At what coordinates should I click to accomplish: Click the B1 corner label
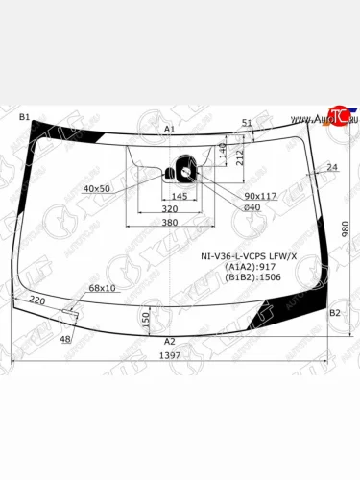(x=25, y=116)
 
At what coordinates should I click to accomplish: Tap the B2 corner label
(x=335, y=313)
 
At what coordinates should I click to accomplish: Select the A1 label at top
(x=169, y=129)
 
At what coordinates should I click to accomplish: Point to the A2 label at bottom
(x=170, y=341)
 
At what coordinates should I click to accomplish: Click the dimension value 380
(x=169, y=223)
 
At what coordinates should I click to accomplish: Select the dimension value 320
(x=169, y=208)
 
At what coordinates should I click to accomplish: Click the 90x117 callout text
(x=261, y=196)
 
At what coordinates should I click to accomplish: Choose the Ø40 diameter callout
(x=252, y=208)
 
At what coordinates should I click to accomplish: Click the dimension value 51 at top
(x=246, y=123)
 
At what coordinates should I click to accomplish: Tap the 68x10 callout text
(x=102, y=287)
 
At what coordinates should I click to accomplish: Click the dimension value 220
(x=38, y=300)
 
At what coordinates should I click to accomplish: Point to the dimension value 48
(x=65, y=339)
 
